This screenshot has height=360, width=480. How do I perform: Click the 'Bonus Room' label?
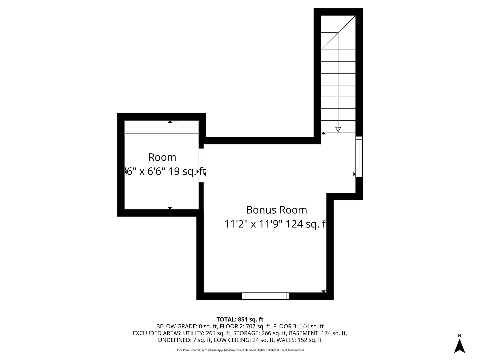pyautogui.click(x=276, y=210)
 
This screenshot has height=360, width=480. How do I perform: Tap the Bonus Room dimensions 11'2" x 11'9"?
pyautogui.click(x=254, y=224)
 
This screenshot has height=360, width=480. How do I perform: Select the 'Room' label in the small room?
pyautogui.click(x=162, y=157)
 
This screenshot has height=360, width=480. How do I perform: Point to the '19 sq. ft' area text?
pyautogui.click(x=187, y=171)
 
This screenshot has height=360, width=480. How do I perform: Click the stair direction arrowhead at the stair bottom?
pyautogui.click(x=338, y=129)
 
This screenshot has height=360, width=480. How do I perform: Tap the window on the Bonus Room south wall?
pyautogui.click(x=266, y=296)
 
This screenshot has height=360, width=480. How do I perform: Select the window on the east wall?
pyautogui.click(x=359, y=156)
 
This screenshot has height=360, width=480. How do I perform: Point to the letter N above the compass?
pyautogui.click(x=459, y=336)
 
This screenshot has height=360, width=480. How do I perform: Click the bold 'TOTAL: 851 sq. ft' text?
pyautogui.click(x=240, y=319)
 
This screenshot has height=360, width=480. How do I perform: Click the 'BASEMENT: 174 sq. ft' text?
pyautogui.click(x=318, y=333)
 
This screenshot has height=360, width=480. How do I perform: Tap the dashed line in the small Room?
pyautogui.click(x=162, y=127)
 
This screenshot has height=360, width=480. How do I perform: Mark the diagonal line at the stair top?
pyautogui.click(x=338, y=33)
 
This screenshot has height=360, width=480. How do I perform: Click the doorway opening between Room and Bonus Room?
pyautogui.click(x=201, y=165)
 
